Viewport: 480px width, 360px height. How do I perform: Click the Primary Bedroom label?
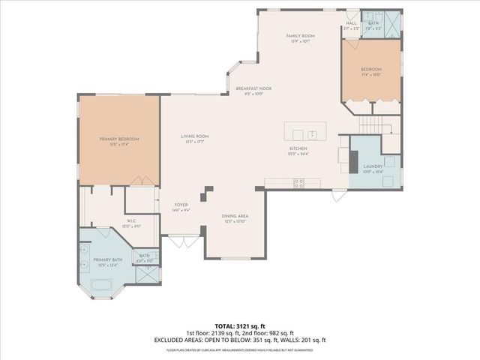pyautogui.click(x=119, y=139)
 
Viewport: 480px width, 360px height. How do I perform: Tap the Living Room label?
pyautogui.click(x=194, y=136)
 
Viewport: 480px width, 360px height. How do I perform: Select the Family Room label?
pyautogui.click(x=300, y=36)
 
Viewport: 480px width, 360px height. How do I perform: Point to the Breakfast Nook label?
pyautogui.click(x=253, y=88)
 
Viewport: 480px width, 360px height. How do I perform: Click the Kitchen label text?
pyautogui.click(x=299, y=148)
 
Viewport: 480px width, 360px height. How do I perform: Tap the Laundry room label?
pyautogui.click(x=373, y=166)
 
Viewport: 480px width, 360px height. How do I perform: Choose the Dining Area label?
pyautogui.click(x=235, y=216)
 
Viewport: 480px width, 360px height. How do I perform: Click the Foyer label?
pyautogui.click(x=181, y=205)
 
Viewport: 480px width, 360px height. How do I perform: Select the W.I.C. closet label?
pyautogui.click(x=130, y=220)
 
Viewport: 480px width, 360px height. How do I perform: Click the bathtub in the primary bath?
pyautogui.click(x=102, y=285)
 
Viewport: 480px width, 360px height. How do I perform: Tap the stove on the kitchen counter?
pyautogui.click(x=299, y=182)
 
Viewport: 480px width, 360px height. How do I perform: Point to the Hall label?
pyautogui.click(x=351, y=23)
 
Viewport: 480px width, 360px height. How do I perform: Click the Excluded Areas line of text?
pyautogui.click(x=239, y=339)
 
